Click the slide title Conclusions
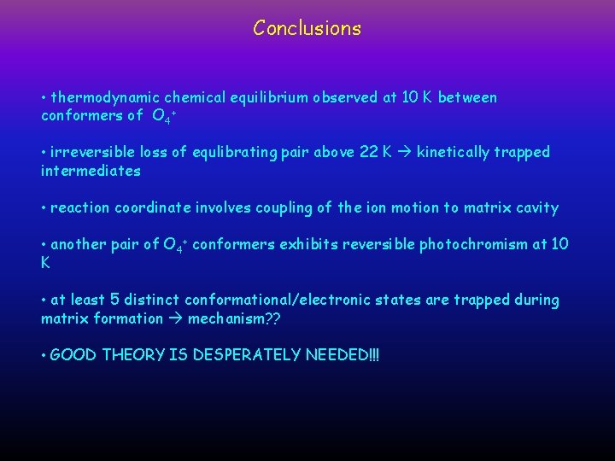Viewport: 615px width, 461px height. (x=307, y=28)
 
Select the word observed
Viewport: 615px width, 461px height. (x=345, y=97)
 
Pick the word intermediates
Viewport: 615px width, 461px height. (x=91, y=171)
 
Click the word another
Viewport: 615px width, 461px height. (x=79, y=245)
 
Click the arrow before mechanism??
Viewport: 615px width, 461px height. (x=174, y=318)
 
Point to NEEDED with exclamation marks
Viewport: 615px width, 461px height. (x=342, y=354)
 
